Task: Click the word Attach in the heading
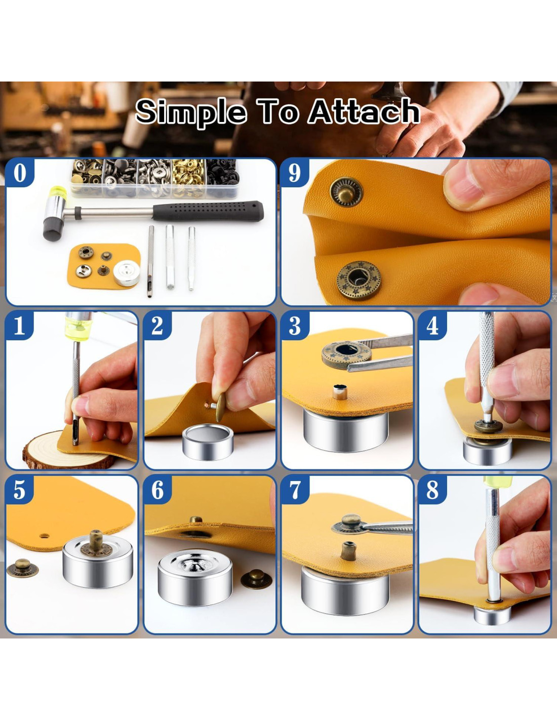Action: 364,112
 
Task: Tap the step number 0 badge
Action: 20,173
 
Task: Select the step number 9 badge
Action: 295,173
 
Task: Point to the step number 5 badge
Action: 20,490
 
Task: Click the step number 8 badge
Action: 432,490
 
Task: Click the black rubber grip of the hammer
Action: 208,211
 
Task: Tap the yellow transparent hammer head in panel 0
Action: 58,193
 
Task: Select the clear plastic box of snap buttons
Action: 155,178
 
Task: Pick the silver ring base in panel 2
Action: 208,442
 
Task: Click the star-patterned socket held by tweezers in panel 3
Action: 346,354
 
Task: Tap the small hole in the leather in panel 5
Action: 44,536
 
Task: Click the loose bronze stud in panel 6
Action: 256,579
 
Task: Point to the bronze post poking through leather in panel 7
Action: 348,551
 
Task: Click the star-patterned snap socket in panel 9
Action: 359,281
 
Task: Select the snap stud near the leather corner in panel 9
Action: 346,192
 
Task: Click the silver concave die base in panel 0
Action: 126,273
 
